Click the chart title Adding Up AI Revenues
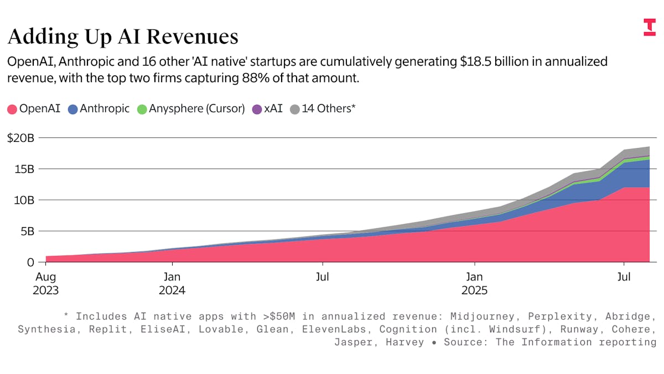tap(123, 37)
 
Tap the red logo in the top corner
tap(649, 27)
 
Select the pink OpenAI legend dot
tap(12, 109)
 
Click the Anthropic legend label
tap(105, 109)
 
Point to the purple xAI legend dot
tap(257, 109)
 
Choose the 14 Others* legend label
tap(328, 109)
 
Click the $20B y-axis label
tap(20, 138)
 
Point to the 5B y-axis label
tap(27, 231)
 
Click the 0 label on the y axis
tap(31, 262)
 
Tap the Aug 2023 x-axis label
tap(45, 283)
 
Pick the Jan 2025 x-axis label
tap(474, 283)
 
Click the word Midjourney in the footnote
tap(483, 316)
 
